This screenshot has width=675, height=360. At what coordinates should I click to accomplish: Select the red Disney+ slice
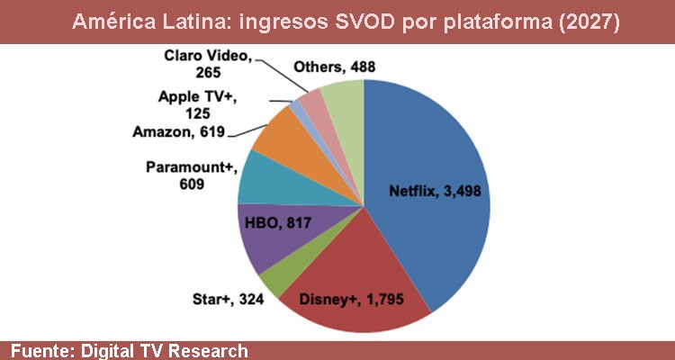351,288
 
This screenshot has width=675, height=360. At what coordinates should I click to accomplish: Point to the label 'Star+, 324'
228,297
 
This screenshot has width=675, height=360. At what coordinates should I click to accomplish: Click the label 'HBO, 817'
274,223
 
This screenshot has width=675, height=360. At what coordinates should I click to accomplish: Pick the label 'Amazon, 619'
179,132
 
